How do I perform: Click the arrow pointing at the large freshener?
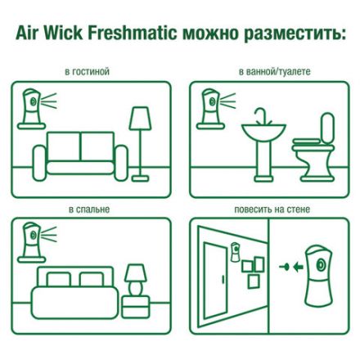(x=286, y=266)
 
